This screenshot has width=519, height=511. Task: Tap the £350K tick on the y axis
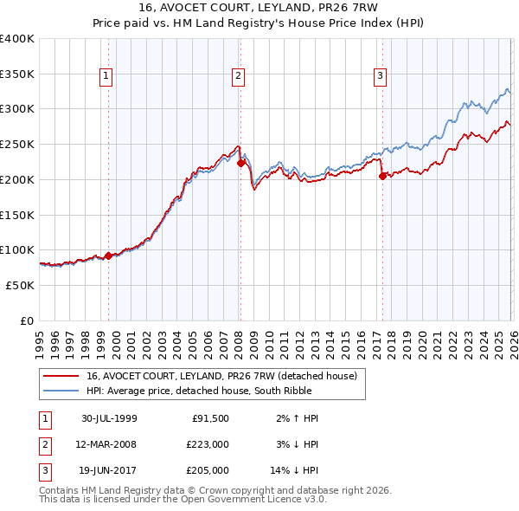coord(17,74)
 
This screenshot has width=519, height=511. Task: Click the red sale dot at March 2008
coord(240,163)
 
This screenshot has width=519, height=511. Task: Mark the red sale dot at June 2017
coord(381,176)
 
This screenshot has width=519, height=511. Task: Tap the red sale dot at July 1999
coord(108,255)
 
